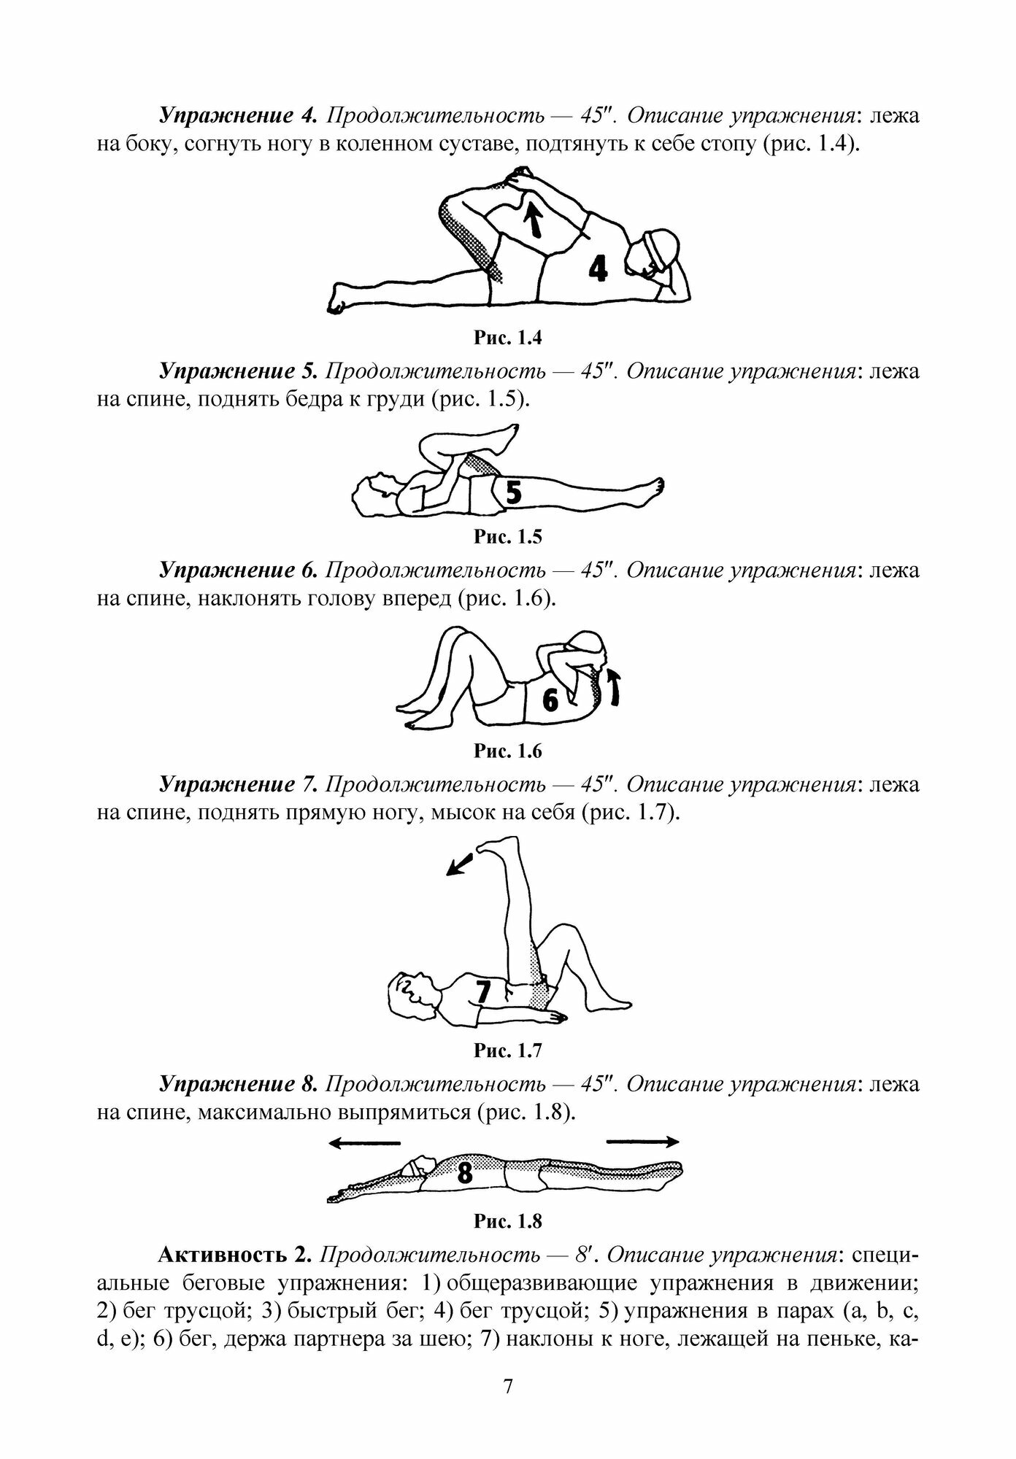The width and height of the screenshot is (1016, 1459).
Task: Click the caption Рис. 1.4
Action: (508, 338)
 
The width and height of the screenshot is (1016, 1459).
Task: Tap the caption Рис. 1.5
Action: (508, 538)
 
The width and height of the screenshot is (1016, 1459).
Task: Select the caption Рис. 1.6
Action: (508, 751)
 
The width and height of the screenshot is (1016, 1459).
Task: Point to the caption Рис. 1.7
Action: (508, 1050)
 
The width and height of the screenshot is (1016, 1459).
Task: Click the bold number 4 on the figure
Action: (598, 269)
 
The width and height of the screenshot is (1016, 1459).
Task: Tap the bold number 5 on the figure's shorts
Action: (513, 492)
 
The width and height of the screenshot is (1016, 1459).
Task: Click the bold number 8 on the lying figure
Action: (464, 1174)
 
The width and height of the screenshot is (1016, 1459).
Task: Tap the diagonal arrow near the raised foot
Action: (459, 864)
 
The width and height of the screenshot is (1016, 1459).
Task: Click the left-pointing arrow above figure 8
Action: (364, 1142)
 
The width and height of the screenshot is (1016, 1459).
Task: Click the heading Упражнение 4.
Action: (238, 116)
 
